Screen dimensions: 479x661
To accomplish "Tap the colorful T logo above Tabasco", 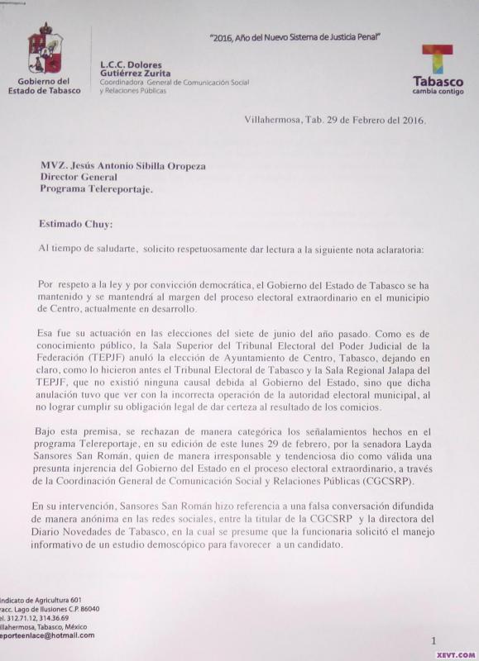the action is (438, 60).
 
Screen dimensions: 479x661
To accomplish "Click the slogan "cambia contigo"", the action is (438, 92).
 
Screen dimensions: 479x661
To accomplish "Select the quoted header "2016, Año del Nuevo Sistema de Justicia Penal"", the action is (300, 38).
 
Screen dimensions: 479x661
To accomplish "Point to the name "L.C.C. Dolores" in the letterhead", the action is (131, 64).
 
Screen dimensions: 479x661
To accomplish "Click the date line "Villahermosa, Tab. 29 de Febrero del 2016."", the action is (335, 120).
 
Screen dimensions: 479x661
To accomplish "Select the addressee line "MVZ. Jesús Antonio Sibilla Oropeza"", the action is (123, 165).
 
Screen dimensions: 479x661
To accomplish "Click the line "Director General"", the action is (79, 177).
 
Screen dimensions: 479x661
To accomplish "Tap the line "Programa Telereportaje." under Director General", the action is (97, 188).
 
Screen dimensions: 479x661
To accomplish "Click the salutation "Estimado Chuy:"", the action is (76, 223).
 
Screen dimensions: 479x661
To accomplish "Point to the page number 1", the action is (433, 640).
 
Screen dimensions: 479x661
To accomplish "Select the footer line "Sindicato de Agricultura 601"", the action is (41, 599).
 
